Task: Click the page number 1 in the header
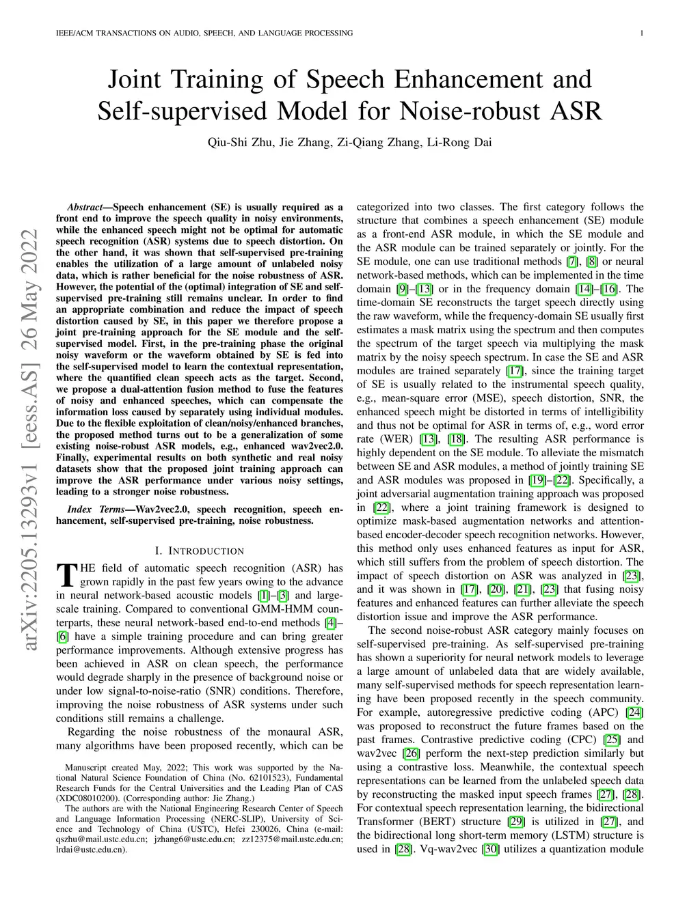tap(643, 33)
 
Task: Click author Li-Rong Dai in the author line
tap(459, 143)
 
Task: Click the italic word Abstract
tap(89, 207)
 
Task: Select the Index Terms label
tap(96, 510)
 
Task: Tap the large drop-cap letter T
tap(67, 575)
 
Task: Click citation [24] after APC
tap(635, 712)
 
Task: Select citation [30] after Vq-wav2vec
tap(490, 849)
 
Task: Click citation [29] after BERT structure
tap(516, 822)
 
